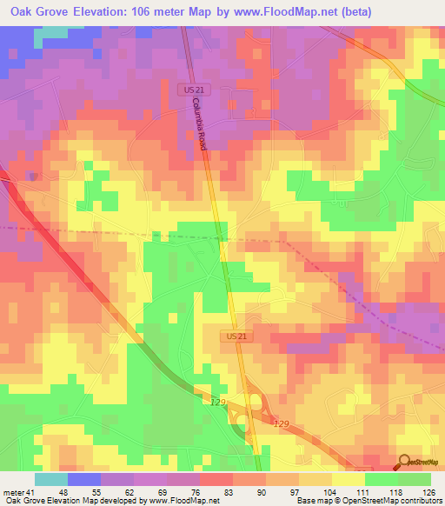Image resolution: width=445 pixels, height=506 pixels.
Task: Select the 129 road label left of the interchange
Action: coord(218,402)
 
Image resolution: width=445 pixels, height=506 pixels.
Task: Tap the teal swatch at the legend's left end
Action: coord(51,478)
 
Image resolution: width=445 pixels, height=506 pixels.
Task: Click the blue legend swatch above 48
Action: coord(84,478)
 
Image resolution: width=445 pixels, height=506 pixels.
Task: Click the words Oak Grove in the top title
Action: coord(39,12)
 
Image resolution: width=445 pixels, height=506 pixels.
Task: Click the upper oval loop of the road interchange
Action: coord(256,401)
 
